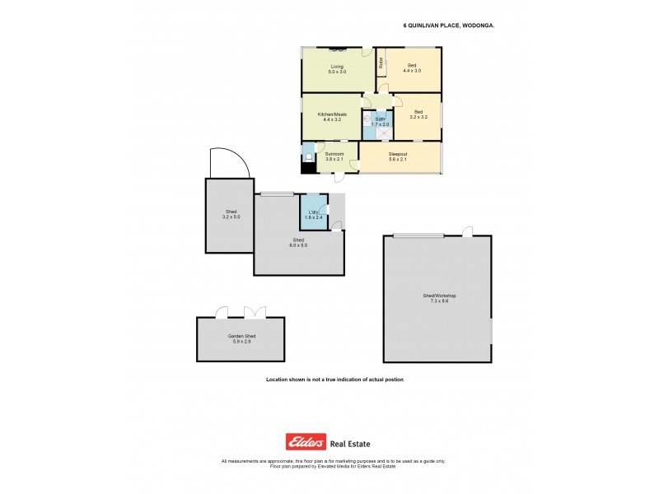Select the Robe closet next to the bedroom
point(381,62)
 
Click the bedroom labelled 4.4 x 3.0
point(412,68)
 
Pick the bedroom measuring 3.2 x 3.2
point(418,115)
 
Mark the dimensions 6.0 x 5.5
point(297,245)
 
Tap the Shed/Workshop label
point(438,297)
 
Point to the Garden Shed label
point(240,338)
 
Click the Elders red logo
point(306,441)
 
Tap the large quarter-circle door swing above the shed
point(225,161)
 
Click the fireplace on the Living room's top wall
point(337,49)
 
